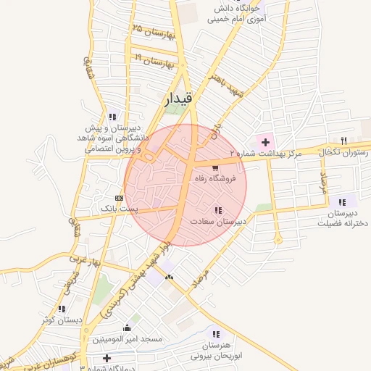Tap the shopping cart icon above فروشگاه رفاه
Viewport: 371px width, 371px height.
[x=214, y=167]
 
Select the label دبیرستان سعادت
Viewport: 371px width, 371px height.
[x=219, y=220]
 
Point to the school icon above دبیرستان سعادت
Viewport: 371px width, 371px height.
[x=219, y=210]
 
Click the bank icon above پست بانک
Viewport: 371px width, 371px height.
[x=119, y=198]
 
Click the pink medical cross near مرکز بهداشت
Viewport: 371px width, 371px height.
[x=265, y=141]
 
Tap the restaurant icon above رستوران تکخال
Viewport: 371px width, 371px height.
[x=344, y=141]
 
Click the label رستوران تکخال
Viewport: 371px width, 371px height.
[x=345, y=152]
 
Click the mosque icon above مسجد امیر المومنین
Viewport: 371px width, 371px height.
[x=128, y=328]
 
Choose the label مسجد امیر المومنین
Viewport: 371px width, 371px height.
[x=127, y=338]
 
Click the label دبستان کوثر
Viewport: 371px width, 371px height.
[x=59, y=319]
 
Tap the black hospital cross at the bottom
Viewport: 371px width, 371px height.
[x=107, y=357]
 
